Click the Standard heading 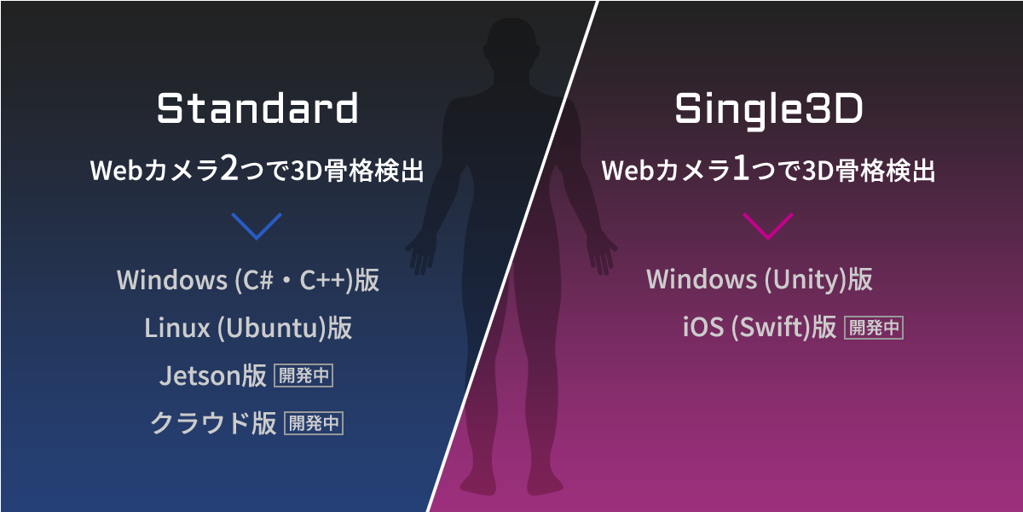pyautogui.click(x=257, y=108)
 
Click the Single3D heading pyautogui.click(x=769, y=110)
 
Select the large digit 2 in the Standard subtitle pyautogui.click(x=229, y=168)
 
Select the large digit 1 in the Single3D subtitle pyautogui.click(x=740, y=168)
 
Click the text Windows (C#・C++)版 pyautogui.click(x=248, y=280)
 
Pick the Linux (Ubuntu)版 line pyautogui.click(x=248, y=328)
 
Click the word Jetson pyautogui.click(x=200, y=375)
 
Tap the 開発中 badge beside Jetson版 pyautogui.click(x=303, y=375)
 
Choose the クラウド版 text pyautogui.click(x=213, y=423)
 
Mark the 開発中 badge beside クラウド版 pyautogui.click(x=314, y=423)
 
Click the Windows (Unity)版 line pyautogui.click(x=760, y=279)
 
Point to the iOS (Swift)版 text pyautogui.click(x=760, y=328)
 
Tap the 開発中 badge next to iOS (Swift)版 pyautogui.click(x=874, y=328)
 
